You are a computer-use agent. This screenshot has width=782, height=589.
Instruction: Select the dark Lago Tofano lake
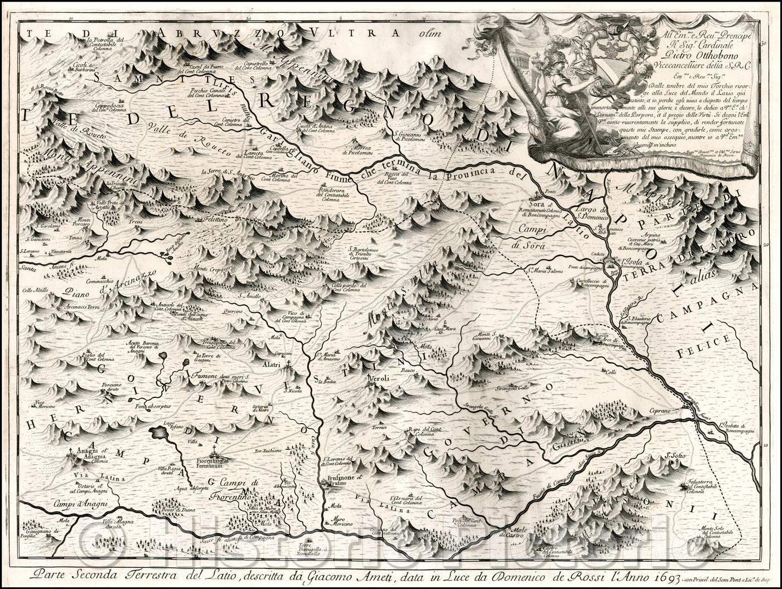(x=159, y=434)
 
